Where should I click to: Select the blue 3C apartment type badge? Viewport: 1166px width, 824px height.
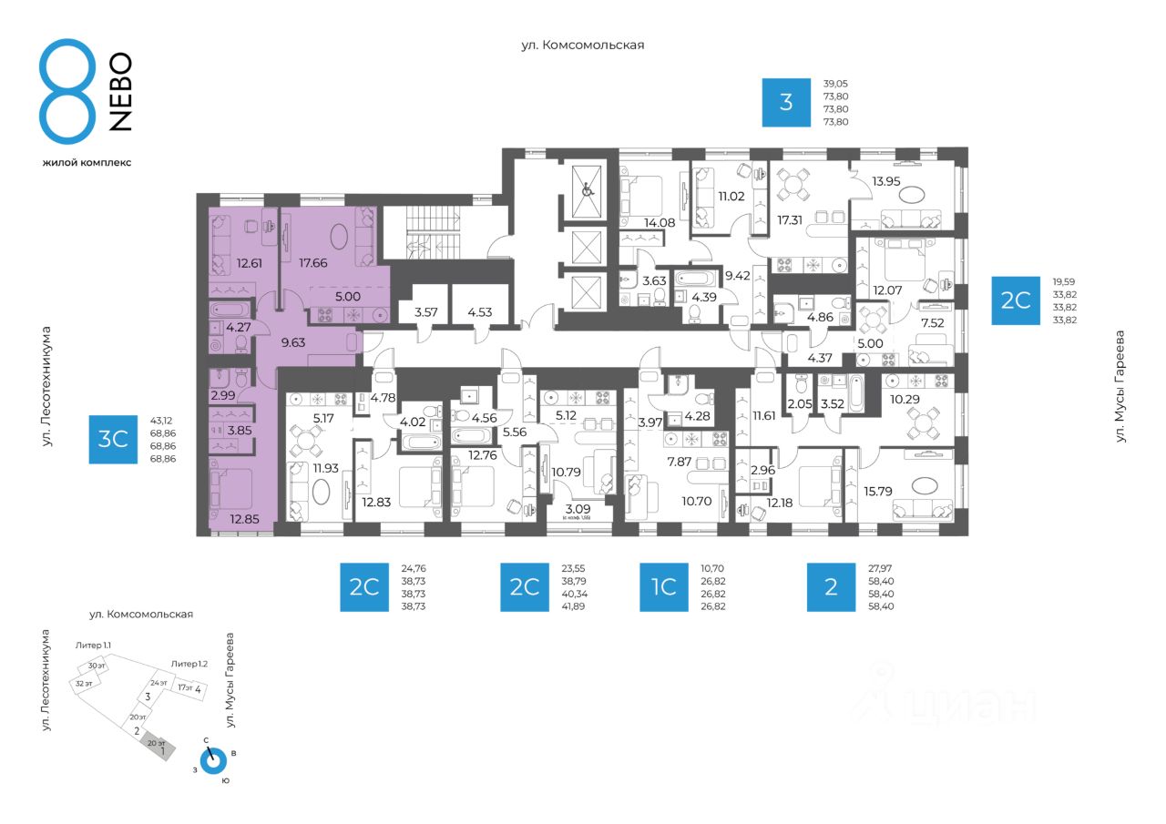pos(112,440)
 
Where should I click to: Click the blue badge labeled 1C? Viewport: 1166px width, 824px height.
pos(663,586)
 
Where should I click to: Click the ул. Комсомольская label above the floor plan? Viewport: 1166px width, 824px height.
pos(582,45)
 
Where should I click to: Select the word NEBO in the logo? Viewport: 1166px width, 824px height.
pos(119,92)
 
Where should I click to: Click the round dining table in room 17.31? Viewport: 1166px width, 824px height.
pos(795,185)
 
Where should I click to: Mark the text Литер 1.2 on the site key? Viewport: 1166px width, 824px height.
pos(189,664)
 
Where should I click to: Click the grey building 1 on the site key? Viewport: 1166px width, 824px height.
pos(159,750)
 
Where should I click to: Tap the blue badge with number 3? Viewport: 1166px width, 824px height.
pos(786,101)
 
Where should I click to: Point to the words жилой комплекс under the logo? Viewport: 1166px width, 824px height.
pos(87,162)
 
